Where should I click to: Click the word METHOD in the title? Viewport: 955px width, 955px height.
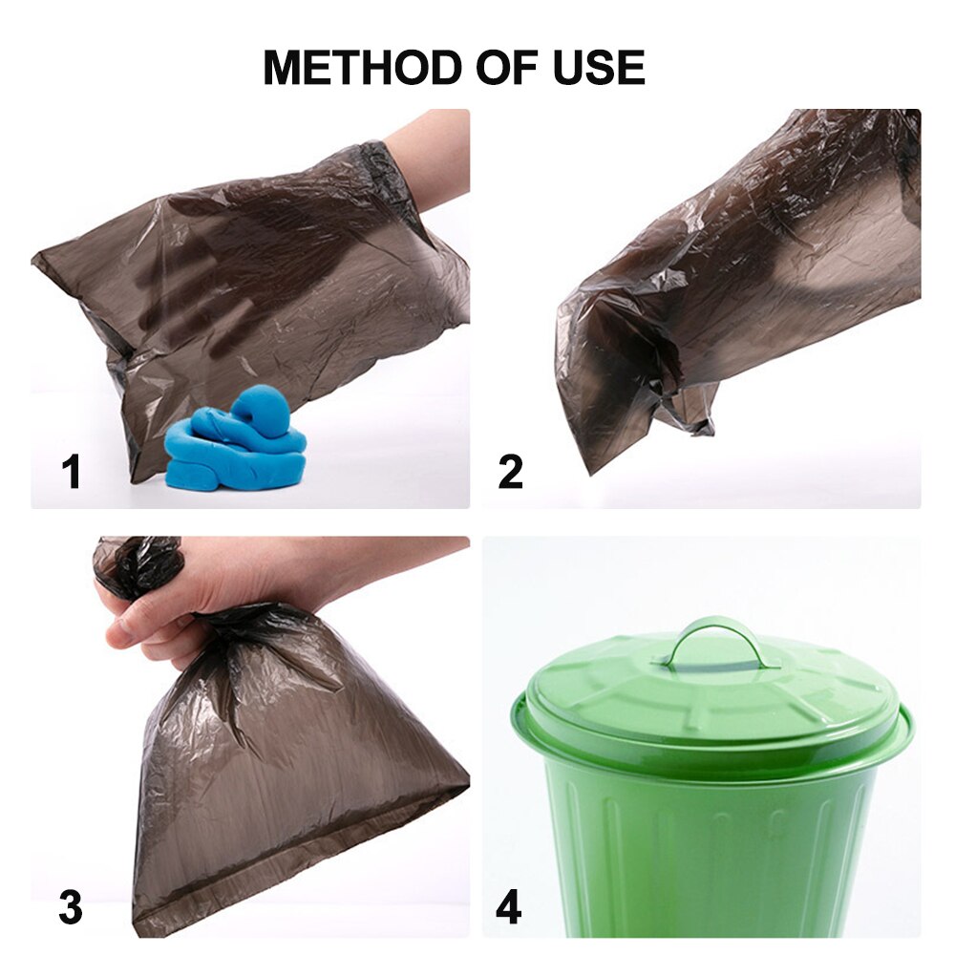click(x=362, y=67)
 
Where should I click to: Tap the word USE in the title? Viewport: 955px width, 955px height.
click(x=600, y=67)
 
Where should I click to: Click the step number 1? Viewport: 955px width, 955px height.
click(x=73, y=473)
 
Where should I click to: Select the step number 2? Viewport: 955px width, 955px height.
click(x=510, y=473)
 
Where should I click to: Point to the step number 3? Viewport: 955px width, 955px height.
click(x=71, y=907)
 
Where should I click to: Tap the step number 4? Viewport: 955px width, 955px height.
click(x=509, y=907)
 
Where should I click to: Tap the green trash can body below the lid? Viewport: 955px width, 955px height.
click(x=711, y=853)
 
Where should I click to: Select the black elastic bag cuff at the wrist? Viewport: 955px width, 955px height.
click(x=384, y=171)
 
